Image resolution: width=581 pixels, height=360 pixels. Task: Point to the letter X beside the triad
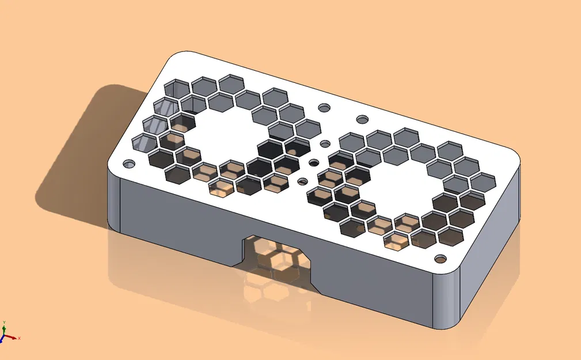tap(19, 338)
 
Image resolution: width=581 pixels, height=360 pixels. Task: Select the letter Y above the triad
tap(4, 321)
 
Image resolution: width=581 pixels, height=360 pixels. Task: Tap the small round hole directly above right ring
tap(362, 119)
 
